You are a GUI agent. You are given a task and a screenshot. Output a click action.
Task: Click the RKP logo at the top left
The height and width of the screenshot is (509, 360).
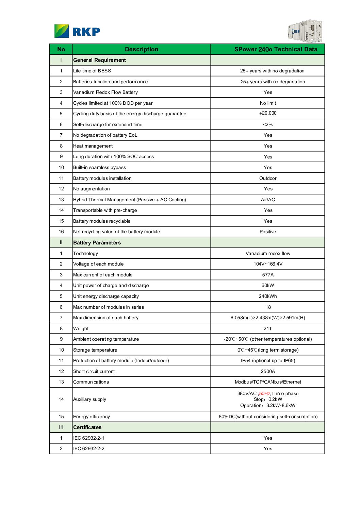click(77, 31)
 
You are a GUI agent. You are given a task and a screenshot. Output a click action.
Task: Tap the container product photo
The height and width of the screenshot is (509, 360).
click(305, 31)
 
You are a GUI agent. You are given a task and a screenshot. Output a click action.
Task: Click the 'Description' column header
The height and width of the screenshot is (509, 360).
click(142, 49)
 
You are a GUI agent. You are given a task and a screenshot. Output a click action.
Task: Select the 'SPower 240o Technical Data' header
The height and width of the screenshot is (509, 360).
click(276, 49)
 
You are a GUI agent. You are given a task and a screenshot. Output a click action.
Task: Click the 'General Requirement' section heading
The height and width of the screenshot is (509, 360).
click(99, 60)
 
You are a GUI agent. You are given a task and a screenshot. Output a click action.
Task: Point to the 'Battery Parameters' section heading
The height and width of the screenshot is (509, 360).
click(97, 243)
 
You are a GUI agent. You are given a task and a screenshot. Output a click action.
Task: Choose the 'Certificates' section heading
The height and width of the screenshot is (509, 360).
click(87, 427)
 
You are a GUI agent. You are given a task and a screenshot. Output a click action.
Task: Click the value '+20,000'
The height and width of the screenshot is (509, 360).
click(268, 113)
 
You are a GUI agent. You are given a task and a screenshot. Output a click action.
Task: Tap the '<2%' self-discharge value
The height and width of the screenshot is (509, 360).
click(268, 124)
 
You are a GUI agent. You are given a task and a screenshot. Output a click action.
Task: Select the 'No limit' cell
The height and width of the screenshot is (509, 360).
click(268, 103)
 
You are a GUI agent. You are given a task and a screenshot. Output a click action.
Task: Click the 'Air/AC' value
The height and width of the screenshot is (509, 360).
click(268, 200)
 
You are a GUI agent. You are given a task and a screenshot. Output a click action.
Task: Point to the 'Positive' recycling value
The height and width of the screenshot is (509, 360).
click(268, 232)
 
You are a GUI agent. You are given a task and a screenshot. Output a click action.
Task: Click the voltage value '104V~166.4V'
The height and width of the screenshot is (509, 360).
click(268, 264)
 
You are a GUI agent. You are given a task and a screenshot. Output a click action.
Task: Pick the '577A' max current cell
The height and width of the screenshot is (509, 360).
click(268, 275)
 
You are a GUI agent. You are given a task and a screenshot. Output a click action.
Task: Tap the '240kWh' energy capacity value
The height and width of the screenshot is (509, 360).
click(268, 296)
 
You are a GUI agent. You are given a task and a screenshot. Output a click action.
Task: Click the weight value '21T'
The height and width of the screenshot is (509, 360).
click(268, 328)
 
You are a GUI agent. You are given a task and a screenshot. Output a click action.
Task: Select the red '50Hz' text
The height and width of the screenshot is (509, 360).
click(264, 393)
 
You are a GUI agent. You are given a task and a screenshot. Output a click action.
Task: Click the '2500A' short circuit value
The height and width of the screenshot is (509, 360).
click(268, 371)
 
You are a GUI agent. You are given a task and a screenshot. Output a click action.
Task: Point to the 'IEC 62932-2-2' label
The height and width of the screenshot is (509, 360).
click(89, 448)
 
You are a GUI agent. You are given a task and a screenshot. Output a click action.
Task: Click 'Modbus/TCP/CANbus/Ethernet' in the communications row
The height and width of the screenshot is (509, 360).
click(268, 382)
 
